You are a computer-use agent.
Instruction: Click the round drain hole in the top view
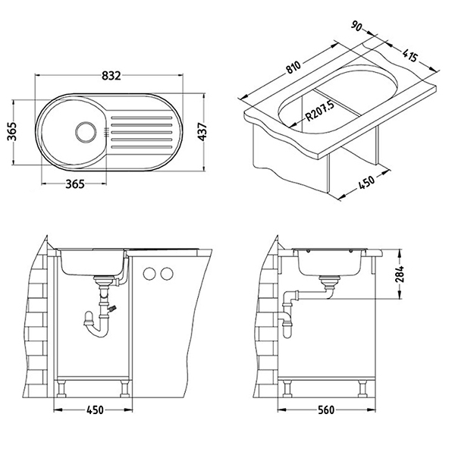(x=83, y=130)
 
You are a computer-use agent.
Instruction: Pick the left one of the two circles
(x=148, y=275)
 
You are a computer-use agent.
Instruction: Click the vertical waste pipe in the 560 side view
(x=285, y=315)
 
